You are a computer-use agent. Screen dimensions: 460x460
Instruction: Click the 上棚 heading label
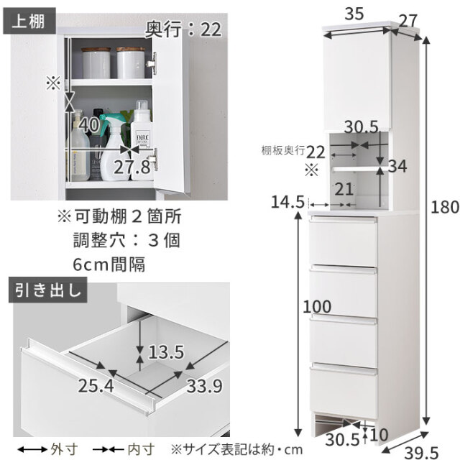click(29, 22)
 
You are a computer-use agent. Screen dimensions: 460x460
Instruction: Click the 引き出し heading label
click(48, 290)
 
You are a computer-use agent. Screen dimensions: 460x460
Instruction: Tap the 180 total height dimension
click(445, 207)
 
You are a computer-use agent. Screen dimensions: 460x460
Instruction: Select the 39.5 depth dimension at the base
click(421, 453)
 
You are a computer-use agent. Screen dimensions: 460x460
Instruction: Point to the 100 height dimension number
click(317, 307)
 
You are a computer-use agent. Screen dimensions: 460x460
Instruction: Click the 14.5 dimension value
click(287, 202)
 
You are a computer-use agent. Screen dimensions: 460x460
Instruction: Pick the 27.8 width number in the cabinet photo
click(132, 167)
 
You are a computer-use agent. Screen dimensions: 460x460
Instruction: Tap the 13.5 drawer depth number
click(166, 352)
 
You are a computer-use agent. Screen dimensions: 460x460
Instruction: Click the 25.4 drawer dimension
click(96, 386)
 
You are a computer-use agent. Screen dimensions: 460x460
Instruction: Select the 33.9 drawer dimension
click(204, 386)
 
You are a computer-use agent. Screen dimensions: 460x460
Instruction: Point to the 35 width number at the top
click(354, 14)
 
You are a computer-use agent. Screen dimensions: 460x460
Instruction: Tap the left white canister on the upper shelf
click(96, 63)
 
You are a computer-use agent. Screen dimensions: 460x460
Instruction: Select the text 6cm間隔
click(109, 264)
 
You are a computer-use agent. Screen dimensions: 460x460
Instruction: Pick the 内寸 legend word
click(142, 449)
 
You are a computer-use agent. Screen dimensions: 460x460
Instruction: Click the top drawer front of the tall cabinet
click(343, 241)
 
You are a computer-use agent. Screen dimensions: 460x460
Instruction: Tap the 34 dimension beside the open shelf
click(397, 166)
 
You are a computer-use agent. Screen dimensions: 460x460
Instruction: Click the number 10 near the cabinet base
click(379, 435)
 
